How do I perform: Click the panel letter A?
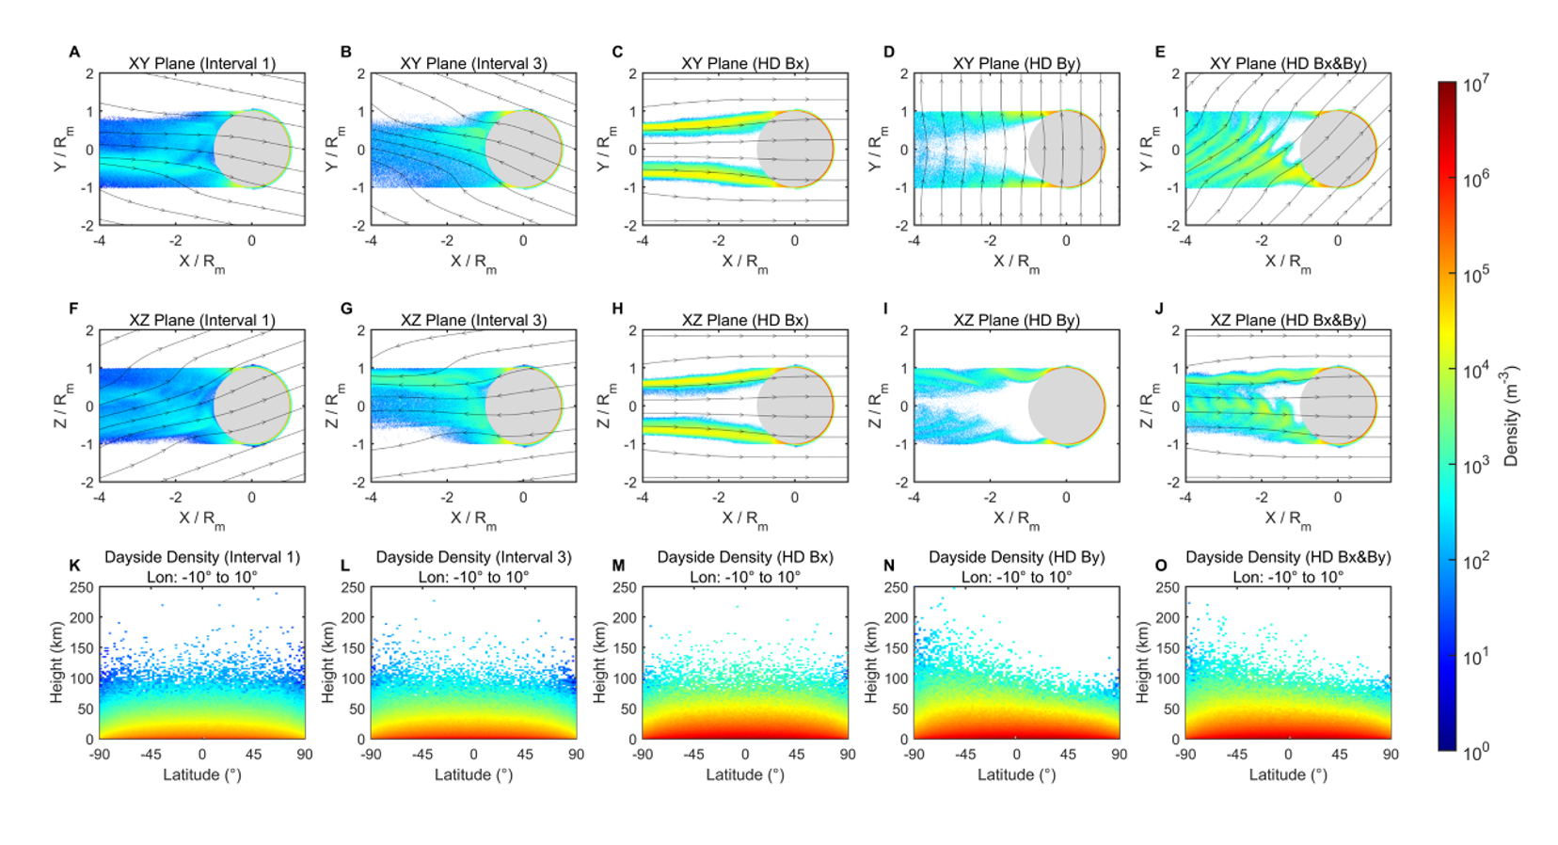(x=74, y=52)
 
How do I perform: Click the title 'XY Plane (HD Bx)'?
(x=745, y=63)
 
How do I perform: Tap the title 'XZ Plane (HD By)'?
(x=1016, y=320)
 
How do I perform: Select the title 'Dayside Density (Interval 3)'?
(x=473, y=557)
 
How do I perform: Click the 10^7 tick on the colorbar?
(x=1475, y=85)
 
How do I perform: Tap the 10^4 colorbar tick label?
(x=1475, y=370)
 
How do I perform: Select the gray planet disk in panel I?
(x=1066, y=406)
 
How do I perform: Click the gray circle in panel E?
(x=1338, y=149)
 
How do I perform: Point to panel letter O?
(x=1160, y=565)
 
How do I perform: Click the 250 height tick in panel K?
(x=81, y=588)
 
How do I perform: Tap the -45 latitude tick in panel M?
(x=693, y=755)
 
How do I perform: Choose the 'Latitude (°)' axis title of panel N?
(x=1016, y=774)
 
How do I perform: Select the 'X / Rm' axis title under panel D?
(x=1016, y=263)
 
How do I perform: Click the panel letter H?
(x=617, y=308)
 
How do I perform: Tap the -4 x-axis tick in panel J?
(x=1185, y=498)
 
